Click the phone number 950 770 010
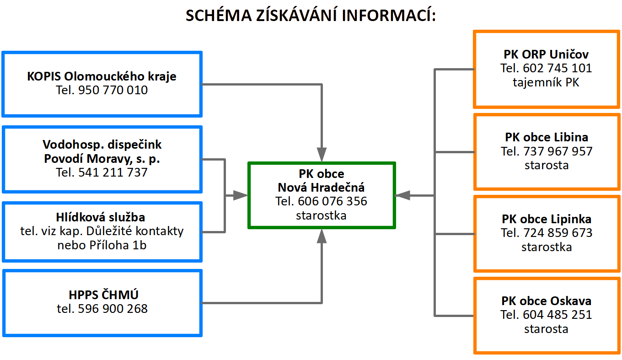[113, 90]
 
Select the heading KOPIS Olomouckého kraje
[102, 76]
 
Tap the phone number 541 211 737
[113, 172]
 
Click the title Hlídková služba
[101, 217]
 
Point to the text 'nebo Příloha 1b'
[102, 245]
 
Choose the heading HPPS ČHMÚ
[103, 294]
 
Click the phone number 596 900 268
[113, 309]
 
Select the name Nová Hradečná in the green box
[321, 188]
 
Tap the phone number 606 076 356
[332, 201]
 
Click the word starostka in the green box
[321, 215]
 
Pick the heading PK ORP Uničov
[546, 54]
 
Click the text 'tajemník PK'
[546, 82]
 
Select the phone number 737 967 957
[558, 151]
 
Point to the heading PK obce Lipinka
[547, 219]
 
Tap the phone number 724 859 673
[558, 233]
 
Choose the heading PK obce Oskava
[546, 301]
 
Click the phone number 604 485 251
[558, 315]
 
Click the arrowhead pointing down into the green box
[322, 155]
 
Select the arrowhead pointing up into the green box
[322, 236]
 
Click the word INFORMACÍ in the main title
[389, 15]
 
